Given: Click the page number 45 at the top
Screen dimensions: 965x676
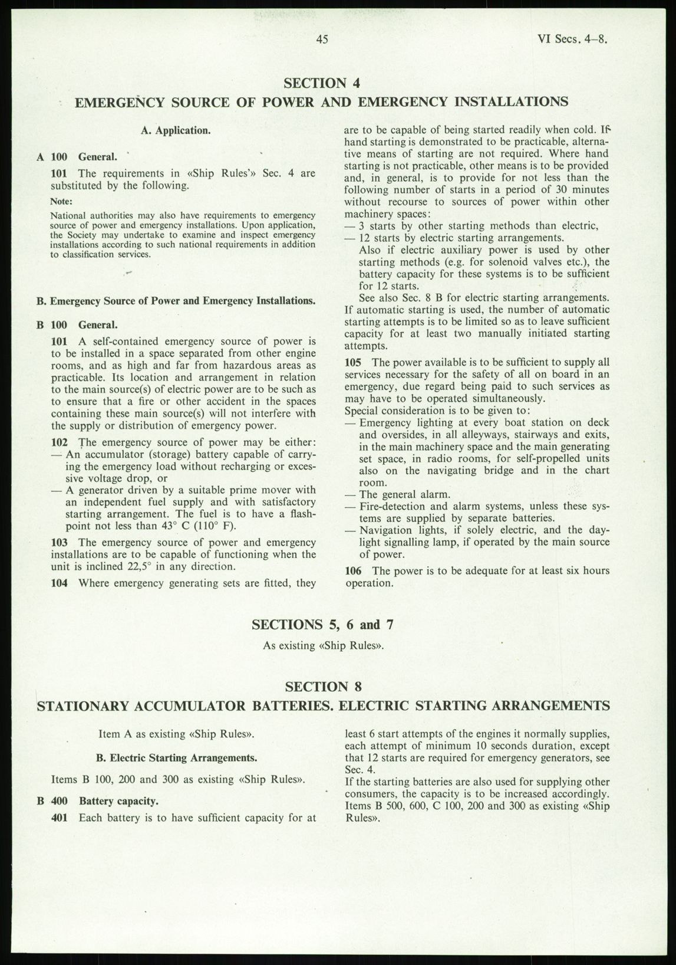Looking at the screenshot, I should click(321, 40).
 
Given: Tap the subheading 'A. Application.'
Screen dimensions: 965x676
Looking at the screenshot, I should click(175, 130).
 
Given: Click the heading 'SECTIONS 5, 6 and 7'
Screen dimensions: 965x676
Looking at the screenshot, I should click(323, 625).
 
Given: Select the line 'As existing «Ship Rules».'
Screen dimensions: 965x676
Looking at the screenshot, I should click(324, 645).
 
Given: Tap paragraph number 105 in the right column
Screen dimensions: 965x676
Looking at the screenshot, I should click(353, 362).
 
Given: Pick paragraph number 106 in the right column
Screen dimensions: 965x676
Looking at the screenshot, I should click(353, 571).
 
